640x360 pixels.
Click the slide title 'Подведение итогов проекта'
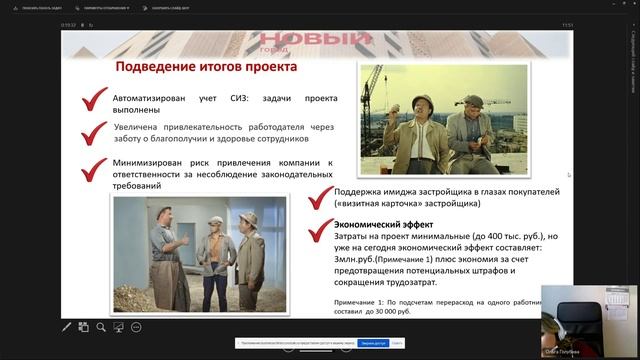tap(206, 67)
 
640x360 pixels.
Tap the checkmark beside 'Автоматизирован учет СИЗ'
tap(96, 101)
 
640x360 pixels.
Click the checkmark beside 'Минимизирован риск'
tap(96, 167)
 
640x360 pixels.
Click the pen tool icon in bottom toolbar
tap(67, 326)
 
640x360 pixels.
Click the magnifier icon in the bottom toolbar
tap(136, 326)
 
